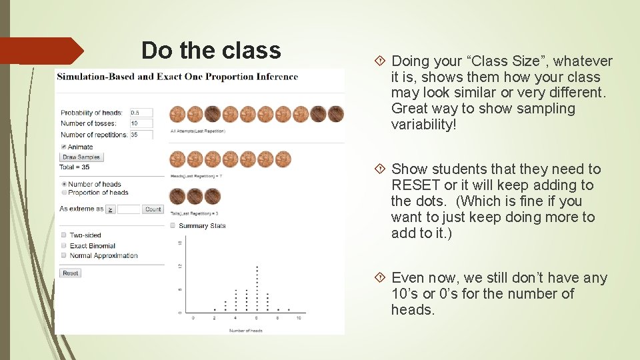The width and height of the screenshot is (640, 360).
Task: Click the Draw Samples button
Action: [81, 157]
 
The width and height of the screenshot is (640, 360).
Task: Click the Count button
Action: [153, 209]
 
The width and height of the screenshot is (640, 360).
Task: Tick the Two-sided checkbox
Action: [63, 235]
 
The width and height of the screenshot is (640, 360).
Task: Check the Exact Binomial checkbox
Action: [63, 246]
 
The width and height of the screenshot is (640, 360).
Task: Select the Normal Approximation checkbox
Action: [63, 255]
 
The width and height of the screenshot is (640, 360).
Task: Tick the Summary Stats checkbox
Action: [173, 225]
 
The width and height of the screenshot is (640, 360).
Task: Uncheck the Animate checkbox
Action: [63, 147]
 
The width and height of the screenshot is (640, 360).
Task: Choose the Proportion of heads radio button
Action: [63, 193]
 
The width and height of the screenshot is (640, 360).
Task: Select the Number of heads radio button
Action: [63, 184]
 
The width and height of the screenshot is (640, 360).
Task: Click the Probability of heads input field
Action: [141, 113]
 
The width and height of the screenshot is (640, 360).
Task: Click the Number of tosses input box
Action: [141, 123]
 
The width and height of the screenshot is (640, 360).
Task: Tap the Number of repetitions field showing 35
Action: [141, 134]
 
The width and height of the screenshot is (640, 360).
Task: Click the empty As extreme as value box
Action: [130, 209]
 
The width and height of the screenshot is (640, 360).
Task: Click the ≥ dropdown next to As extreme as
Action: [111, 209]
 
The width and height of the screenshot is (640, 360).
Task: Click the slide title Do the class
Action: [211, 51]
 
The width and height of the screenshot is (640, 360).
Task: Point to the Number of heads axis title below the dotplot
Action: [245, 330]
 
